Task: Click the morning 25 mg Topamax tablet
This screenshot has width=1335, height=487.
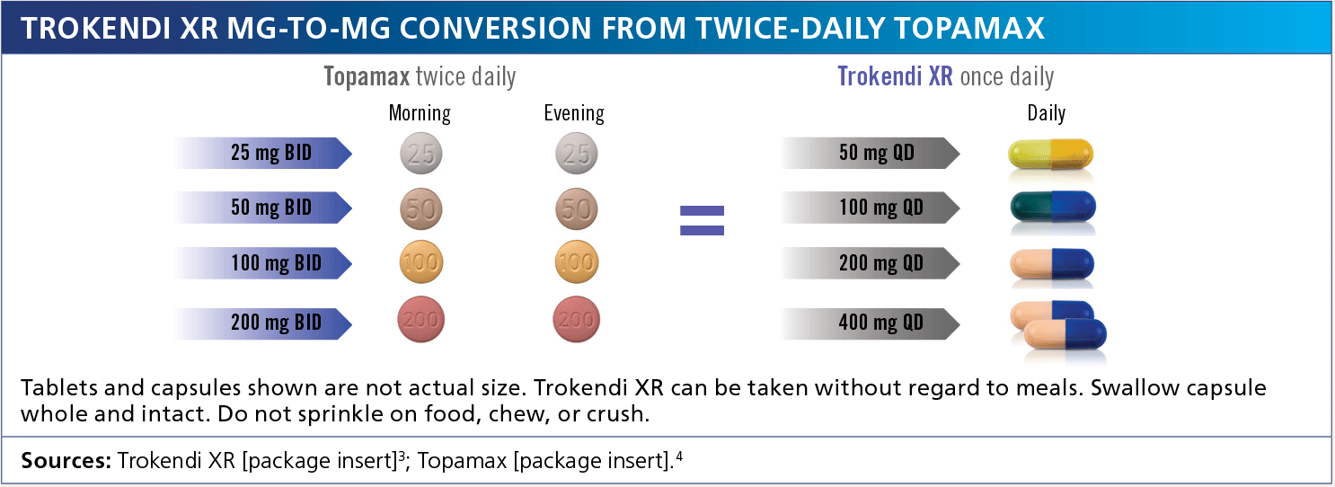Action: (x=420, y=153)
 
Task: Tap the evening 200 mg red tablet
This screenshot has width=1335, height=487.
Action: (x=577, y=320)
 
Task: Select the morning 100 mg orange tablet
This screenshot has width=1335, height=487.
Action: (x=420, y=261)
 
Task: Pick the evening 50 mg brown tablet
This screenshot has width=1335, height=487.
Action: (x=577, y=208)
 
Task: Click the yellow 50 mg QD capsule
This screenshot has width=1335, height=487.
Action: (x=1050, y=154)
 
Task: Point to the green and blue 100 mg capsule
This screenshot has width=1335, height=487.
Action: (x=1053, y=207)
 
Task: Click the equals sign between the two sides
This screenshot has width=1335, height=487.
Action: (x=702, y=220)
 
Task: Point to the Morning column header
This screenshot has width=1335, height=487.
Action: (x=420, y=113)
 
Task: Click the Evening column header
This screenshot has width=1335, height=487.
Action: (x=574, y=113)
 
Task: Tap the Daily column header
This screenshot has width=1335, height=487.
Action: (x=1046, y=113)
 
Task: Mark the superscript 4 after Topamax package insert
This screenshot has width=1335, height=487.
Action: (x=679, y=456)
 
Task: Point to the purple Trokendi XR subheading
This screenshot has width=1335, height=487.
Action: (x=895, y=77)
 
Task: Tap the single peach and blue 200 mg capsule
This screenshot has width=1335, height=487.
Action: (x=1052, y=264)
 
